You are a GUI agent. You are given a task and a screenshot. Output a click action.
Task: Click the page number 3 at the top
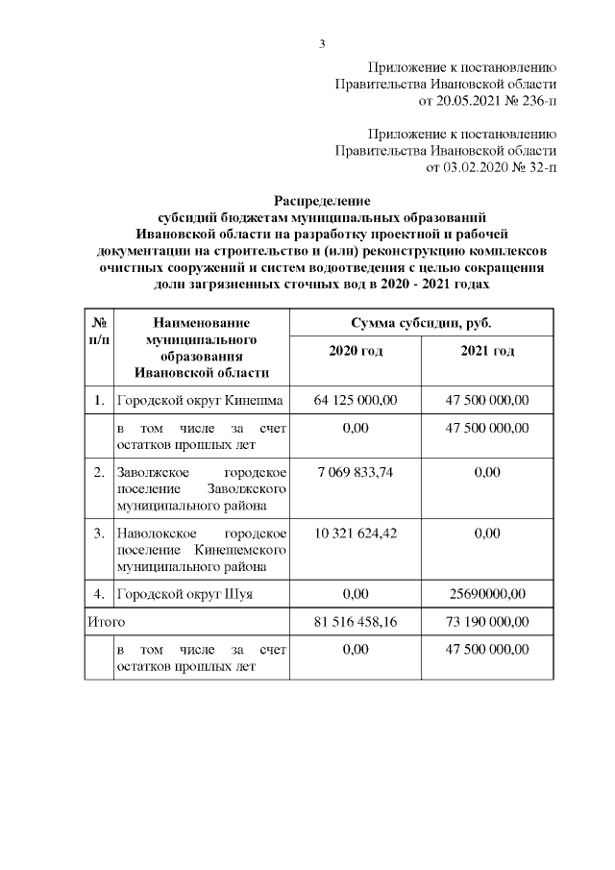[322, 42]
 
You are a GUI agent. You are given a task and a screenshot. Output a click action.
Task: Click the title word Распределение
[322, 200]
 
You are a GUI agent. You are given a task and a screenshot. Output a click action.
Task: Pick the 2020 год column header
[356, 352]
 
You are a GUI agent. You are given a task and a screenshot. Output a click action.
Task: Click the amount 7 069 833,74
[356, 473]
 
